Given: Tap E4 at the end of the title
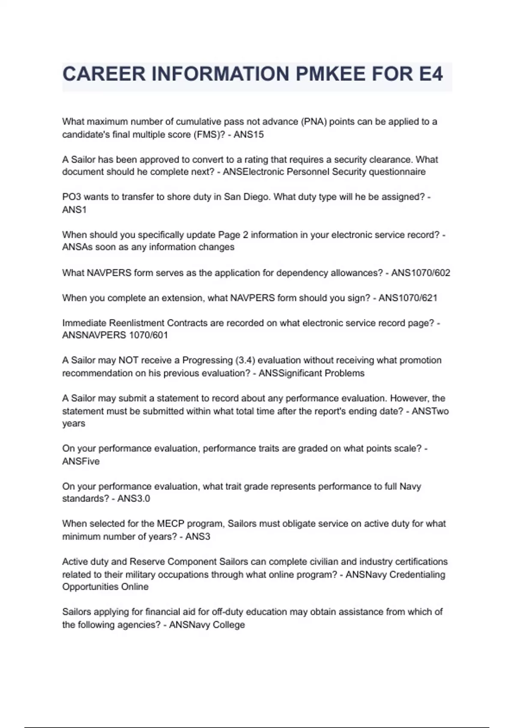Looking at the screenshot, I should [x=428, y=75].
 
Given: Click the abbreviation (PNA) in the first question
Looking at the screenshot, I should [x=314, y=122].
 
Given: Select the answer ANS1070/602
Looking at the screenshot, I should [x=421, y=273].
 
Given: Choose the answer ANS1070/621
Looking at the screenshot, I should [x=408, y=298].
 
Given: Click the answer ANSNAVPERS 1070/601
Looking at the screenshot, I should [x=115, y=335].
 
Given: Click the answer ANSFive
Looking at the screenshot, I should [x=81, y=461].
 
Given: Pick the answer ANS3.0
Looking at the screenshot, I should [x=134, y=498].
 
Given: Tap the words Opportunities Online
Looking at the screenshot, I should [x=105, y=587].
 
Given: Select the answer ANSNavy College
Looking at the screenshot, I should [x=207, y=625].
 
